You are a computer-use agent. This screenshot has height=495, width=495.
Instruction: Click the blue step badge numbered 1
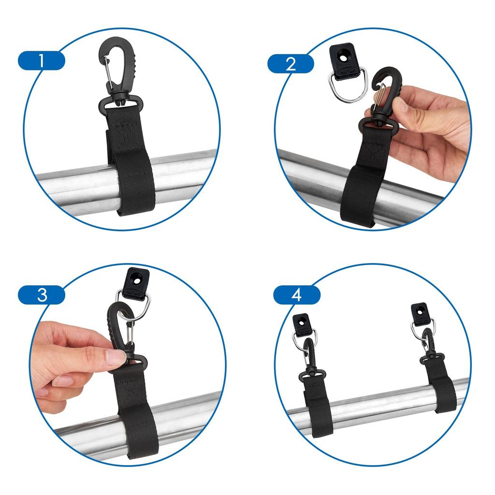(41, 61)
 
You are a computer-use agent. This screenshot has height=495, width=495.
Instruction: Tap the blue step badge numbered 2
(291, 64)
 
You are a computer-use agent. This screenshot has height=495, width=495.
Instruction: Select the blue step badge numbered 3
(42, 295)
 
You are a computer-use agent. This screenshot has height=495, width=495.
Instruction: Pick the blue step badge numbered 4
(296, 295)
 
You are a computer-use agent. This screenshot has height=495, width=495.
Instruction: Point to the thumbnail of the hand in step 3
(116, 357)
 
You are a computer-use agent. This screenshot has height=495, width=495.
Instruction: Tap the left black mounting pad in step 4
(302, 323)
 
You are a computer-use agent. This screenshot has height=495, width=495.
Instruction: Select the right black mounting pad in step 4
(420, 313)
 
